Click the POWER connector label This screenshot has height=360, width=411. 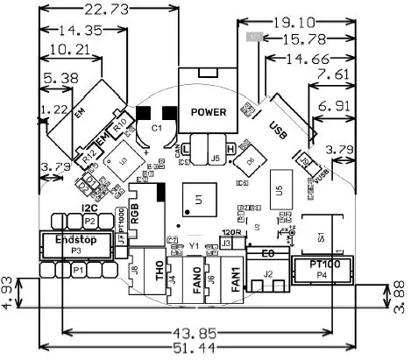pos(208,112)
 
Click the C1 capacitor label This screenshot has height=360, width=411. pos(157,128)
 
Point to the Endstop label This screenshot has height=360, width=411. pos(75,238)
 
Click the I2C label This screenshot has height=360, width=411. pos(89,208)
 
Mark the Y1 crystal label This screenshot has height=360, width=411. pos(194,245)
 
